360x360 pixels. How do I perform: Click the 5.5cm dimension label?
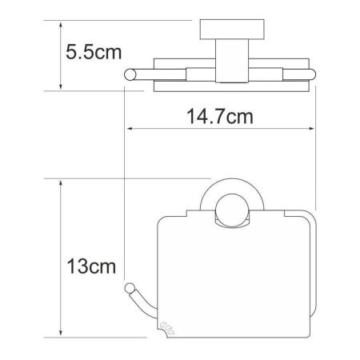pyautogui.click(x=94, y=54)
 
